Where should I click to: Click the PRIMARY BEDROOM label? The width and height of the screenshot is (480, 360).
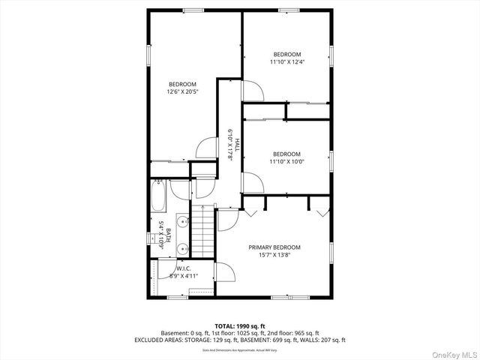pyautogui.click(x=274, y=247)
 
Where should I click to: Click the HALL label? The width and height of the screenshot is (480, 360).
pyautogui.click(x=237, y=143)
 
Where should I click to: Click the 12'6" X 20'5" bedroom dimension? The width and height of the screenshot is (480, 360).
pyautogui.click(x=182, y=92)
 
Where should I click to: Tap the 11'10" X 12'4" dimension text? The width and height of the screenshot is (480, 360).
pyautogui.click(x=286, y=62)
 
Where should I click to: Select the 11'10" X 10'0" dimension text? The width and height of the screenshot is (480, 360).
pyautogui.click(x=286, y=160)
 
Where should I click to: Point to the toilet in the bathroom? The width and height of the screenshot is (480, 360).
pyautogui.click(x=181, y=190)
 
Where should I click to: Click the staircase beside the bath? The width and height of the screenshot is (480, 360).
pyautogui.click(x=203, y=229)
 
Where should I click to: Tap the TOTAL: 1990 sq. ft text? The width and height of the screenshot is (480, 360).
pyautogui.click(x=240, y=325)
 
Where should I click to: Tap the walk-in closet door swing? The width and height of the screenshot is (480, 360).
pyautogui.click(x=223, y=272)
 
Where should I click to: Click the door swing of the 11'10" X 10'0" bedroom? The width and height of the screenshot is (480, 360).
pyautogui.click(x=252, y=182)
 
